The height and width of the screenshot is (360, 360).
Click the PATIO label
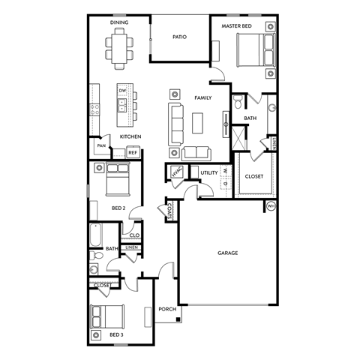179,37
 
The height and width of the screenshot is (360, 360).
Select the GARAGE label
228,253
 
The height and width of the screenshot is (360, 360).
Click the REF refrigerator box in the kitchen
132,152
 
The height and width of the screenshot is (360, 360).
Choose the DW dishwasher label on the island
123,91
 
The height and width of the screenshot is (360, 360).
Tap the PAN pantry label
100,145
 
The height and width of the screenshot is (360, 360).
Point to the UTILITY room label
208,172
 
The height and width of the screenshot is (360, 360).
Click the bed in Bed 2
118,180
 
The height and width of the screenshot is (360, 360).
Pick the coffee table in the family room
197,121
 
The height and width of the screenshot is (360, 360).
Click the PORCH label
166,309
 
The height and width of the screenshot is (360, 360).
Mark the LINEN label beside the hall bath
131,247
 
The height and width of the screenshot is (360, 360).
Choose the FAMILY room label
203,98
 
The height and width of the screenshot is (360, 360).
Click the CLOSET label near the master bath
254,176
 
